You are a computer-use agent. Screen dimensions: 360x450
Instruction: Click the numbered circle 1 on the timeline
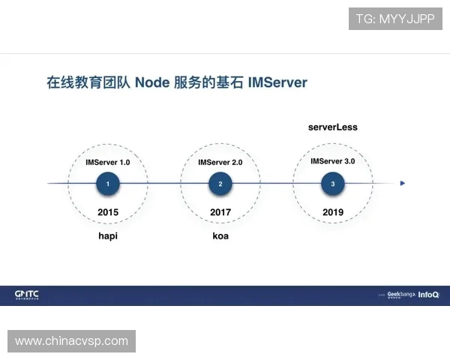(x=108, y=183)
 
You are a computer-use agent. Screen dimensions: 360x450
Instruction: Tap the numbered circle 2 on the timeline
(x=220, y=183)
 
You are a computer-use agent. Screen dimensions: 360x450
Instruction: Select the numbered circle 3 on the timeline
(x=333, y=183)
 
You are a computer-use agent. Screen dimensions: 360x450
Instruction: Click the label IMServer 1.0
(x=108, y=162)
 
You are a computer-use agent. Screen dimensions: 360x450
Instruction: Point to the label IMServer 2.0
(x=220, y=162)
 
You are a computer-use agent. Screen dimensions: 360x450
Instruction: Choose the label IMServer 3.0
(x=333, y=161)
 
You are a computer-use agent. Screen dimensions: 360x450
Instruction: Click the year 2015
(x=108, y=212)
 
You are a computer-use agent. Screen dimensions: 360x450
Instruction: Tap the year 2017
(x=220, y=212)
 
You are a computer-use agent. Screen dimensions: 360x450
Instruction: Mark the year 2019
(x=333, y=212)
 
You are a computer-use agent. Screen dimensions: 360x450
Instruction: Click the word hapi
(x=108, y=235)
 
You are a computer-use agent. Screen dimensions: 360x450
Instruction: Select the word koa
(x=220, y=235)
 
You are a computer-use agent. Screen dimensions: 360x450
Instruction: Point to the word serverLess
(x=333, y=127)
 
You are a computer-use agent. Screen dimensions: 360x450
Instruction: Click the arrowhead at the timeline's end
(x=403, y=183)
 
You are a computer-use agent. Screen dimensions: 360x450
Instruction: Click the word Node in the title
(x=154, y=82)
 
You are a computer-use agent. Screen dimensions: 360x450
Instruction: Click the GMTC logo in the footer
(x=26, y=295)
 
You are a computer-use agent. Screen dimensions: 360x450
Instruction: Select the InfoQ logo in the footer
(x=427, y=295)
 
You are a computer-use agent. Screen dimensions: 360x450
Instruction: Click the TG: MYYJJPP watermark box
(x=395, y=19)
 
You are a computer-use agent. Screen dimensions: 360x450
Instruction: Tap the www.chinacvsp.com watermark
(x=72, y=341)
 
